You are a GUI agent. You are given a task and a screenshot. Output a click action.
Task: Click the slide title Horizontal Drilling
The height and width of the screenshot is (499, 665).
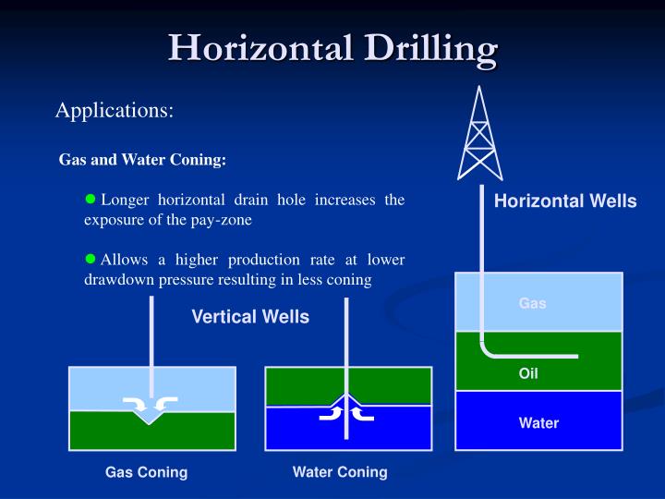tap(332, 48)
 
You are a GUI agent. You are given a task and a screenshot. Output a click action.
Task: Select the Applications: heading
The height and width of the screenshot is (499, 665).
tap(115, 111)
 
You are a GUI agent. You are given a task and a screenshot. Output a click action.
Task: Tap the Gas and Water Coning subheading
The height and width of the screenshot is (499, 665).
tap(142, 159)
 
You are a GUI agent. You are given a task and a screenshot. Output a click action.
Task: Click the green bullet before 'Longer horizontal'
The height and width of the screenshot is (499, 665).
tap(91, 199)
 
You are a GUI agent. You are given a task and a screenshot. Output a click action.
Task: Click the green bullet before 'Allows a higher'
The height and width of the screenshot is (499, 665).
tap(91, 259)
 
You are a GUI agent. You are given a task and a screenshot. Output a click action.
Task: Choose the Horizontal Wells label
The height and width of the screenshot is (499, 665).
tap(565, 201)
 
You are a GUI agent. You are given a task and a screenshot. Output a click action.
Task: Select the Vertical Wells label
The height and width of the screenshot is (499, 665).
tap(250, 317)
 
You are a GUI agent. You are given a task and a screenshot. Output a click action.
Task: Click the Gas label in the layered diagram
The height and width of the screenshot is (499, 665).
tap(532, 303)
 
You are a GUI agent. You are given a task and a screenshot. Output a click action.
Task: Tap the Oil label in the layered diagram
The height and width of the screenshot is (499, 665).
tap(528, 374)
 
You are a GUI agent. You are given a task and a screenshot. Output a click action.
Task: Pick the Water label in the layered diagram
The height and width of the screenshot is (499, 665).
tap(538, 423)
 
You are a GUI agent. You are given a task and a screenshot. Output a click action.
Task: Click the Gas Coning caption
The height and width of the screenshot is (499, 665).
tap(146, 472)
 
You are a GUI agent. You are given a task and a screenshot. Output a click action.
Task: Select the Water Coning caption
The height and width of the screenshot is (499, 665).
tap(340, 472)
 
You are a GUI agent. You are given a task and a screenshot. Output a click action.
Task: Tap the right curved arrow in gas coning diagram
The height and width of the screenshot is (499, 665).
tap(166, 402)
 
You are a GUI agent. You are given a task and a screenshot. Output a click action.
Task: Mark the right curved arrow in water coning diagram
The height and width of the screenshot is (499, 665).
tap(363, 412)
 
